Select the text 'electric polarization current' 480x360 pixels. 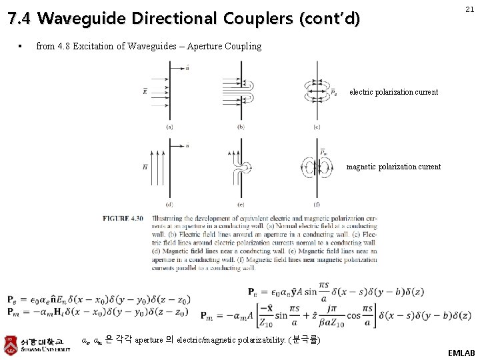pyautogui.click(x=393, y=92)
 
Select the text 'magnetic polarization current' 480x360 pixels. pyautogui.click(x=393, y=167)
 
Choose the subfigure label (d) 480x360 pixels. pyautogui.click(x=170, y=204)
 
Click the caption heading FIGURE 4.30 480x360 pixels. pyautogui.click(x=123, y=218)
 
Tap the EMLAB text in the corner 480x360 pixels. pyautogui.click(x=461, y=352)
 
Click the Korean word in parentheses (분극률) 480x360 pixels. pyautogui.click(x=305, y=340)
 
